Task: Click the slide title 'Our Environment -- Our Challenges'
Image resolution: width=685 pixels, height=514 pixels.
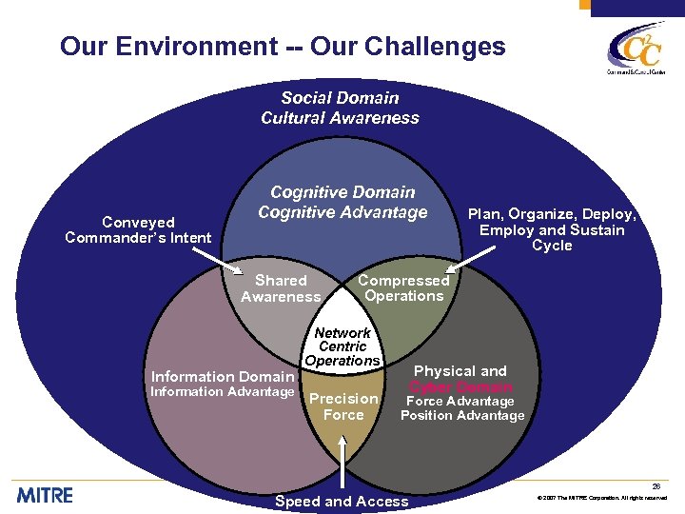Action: (283, 47)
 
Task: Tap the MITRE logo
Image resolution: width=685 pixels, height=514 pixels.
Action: (44, 495)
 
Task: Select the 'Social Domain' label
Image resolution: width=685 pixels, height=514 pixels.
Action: (340, 98)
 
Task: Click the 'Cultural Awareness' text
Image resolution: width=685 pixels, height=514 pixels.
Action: (340, 118)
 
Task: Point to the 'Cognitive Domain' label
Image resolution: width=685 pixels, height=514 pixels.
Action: (342, 192)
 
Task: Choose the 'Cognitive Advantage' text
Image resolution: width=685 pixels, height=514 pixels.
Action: (342, 212)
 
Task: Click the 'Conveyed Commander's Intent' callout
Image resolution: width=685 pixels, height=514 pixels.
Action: (138, 229)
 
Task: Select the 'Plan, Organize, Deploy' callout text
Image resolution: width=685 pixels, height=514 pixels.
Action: (552, 229)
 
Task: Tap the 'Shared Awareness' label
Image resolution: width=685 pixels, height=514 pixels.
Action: (281, 288)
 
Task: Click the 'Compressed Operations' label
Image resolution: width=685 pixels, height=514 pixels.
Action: (403, 287)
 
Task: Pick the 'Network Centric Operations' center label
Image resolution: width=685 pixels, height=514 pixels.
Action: (342, 346)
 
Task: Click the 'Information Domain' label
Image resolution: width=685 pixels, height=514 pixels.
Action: (223, 377)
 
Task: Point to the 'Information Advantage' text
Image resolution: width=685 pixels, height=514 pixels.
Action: (223, 392)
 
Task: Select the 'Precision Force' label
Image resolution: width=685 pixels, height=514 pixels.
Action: (343, 406)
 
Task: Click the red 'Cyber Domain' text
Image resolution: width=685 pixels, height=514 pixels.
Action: (460, 386)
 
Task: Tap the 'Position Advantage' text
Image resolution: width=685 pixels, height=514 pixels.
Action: (462, 416)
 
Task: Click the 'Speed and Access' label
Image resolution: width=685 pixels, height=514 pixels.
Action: (342, 502)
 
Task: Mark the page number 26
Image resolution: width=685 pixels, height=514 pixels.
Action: (656, 486)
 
